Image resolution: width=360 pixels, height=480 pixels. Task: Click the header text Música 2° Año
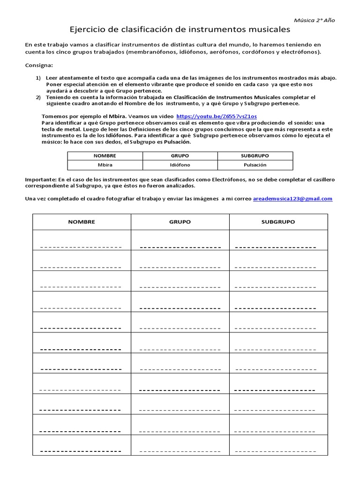pos(314,20)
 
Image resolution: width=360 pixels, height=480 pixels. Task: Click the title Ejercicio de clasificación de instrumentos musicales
pos(180,30)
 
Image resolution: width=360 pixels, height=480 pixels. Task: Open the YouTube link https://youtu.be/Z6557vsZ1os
pos(217,115)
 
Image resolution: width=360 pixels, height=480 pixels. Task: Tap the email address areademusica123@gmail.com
pos(292,199)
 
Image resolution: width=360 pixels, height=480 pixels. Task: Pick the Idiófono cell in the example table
pos(180,165)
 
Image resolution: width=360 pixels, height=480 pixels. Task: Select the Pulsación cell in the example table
pos(255,165)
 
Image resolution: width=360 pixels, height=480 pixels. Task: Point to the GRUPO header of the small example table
pos(180,156)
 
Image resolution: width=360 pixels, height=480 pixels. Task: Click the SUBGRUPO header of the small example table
pos(255,156)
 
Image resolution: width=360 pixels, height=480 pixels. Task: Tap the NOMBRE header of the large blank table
pos(82,222)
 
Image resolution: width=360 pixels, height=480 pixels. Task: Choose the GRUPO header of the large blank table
pos(180,222)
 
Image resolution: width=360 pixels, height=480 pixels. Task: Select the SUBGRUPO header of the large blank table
pos(278,222)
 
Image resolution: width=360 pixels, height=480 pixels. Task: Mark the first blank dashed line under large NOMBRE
pos(81,247)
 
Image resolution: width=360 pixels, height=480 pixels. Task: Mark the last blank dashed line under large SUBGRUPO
pos(276,451)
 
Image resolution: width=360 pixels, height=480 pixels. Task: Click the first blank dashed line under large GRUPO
pos(180,247)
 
